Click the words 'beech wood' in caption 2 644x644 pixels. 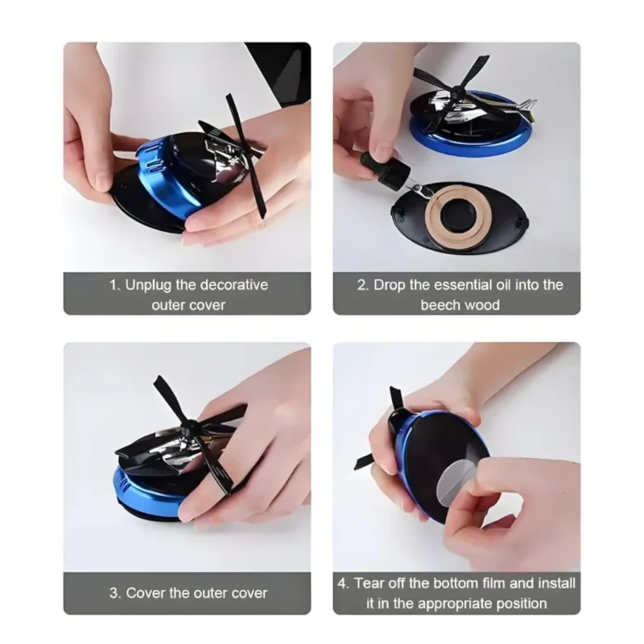coord(460,305)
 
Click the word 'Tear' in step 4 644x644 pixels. coord(369,584)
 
